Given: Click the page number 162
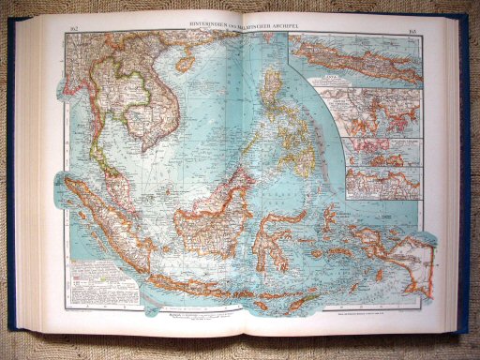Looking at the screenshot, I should click(x=73, y=32).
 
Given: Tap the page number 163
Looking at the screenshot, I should click(x=413, y=32).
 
